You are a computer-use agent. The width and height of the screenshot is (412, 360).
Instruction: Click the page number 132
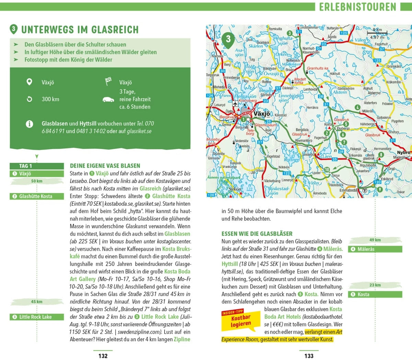click(103, 356)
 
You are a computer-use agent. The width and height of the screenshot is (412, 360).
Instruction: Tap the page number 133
click(309, 356)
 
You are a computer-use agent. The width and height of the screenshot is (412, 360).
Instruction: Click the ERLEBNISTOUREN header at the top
click(357, 7)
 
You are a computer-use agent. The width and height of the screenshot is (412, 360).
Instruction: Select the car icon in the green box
click(108, 100)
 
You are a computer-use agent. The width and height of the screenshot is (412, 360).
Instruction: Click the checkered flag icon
click(108, 82)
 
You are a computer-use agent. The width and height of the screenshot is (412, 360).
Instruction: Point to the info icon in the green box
click(30, 124)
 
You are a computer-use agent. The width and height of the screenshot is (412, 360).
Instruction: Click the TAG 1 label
click(26, 166)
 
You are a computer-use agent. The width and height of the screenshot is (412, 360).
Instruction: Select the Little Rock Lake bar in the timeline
click(37, 317)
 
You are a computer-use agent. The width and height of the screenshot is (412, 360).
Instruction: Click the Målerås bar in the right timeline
click(375, 249)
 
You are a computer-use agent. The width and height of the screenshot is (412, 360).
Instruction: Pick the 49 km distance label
click(375, 240)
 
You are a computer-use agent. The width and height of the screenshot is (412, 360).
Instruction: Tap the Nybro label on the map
click(403, 153)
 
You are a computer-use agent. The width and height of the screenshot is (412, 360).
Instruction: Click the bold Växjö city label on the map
click(262, 114)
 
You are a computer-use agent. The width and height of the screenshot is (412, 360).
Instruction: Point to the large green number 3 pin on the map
click(228, 39)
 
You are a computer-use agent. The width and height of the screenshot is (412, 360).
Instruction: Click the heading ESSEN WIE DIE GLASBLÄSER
click(257, 234)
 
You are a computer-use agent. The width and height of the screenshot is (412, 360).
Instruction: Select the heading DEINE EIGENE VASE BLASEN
click(105, 166)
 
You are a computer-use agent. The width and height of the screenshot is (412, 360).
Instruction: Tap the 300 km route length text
click(50, 99)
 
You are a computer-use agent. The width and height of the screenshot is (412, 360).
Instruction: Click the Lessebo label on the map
click(308, 155)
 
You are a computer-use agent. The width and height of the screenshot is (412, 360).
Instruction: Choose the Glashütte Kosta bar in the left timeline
click(37, 196)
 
